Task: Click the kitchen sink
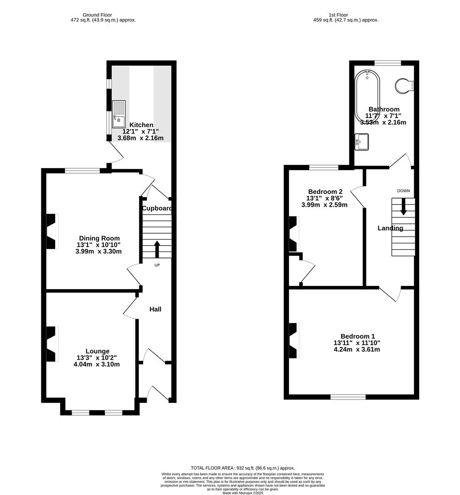coord(119,113)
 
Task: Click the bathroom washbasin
coord(361,141)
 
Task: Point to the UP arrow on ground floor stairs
coord(157,249)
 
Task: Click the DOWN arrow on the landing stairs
coord(404,206)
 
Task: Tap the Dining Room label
coord(99,238)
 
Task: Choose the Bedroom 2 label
coord(325,192)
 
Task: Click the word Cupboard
coord(157,209)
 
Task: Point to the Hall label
coord(155,309)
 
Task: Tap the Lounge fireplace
coord(51,344)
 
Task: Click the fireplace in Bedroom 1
coord(293,341)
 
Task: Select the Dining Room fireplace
coord(51,231)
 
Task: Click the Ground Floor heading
coord(97,15)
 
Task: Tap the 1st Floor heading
coord(340,15)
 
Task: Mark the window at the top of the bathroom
coord(388,63)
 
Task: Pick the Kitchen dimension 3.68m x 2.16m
coord(140,138)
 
